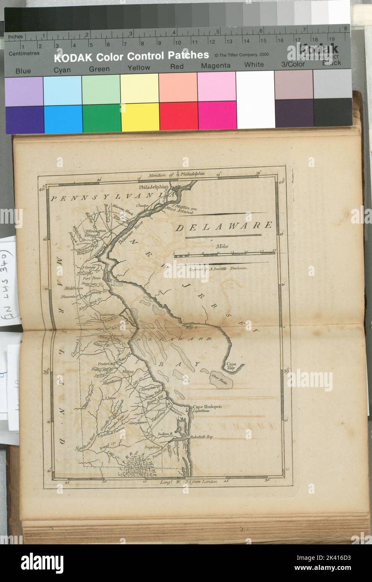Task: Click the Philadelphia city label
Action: (x=153, y=187)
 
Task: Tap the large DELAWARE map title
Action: (x=224, y=227)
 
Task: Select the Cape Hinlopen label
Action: (x=207, y=407)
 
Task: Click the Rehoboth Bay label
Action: (x=201, y=437)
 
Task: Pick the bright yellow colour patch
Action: (x=140, y=117)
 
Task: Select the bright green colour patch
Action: (x=101, y=118)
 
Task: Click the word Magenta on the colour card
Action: (x=216, y=66)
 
